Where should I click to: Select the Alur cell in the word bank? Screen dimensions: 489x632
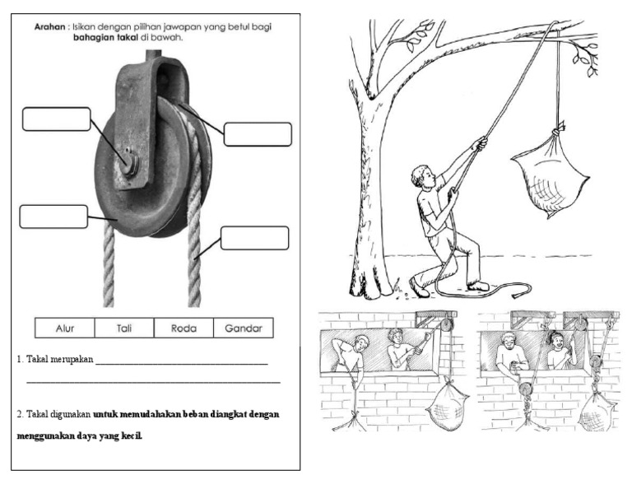pos(64,328)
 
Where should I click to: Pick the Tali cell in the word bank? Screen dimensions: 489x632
pos(123,328)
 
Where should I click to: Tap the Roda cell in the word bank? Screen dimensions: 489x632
pos(183,328)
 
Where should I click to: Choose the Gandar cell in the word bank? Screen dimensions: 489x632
pos(243,328)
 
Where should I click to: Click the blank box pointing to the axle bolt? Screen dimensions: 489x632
pos(56,119)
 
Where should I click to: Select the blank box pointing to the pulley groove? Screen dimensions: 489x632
pos(258,134)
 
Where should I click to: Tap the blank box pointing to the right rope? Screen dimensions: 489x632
pos(254,238)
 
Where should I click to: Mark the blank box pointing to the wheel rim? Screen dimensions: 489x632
pos(53,216)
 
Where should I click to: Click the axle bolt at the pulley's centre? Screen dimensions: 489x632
pos(129,160)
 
